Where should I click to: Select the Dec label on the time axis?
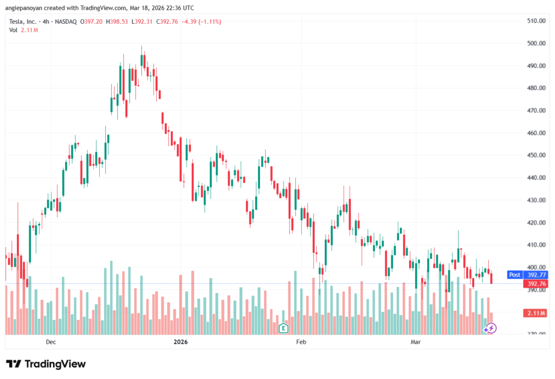tap(51, 342)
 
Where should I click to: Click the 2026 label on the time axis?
tap(180, 342)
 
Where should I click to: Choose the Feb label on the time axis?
tap(301, 342)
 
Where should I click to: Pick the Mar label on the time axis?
tap(416, 342)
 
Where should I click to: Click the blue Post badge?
tap(514, 275)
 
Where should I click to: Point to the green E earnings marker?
tap(282, 328)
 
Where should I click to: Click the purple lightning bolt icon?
tap(490, 328)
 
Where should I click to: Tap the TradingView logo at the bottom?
tap(46, 364)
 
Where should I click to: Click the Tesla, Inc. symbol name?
tap(23, 22)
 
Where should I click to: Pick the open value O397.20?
tap(92, 22)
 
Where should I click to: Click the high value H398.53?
tap(117, 22)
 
